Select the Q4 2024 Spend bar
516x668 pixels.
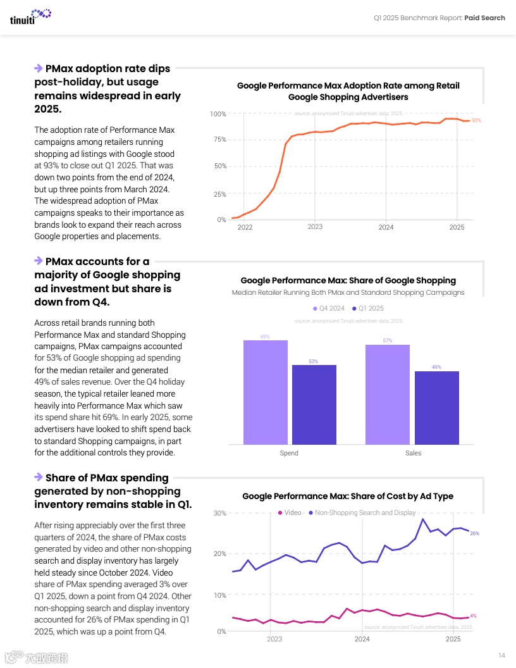click(266, 392)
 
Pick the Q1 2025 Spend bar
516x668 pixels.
click(314, 404)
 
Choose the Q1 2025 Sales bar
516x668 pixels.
click(436, 407)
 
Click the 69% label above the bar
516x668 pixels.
click(265, 337)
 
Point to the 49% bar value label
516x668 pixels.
click(436, 367)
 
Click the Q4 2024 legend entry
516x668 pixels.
click(329, 309)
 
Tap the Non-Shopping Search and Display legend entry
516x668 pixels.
click(362, 512)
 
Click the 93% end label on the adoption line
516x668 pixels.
click(476, 120)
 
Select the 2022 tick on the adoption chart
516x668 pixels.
click(245, 227)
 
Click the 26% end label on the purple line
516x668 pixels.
click(474, 533)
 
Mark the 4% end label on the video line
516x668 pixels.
click(473, 615)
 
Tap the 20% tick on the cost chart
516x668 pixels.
click(219, 554)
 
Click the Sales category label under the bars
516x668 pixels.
click(413, 453)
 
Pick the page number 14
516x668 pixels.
click(501, 655)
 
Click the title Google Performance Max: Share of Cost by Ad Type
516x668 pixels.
click(348, 496)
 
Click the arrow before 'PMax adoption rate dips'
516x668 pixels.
click(39, 68)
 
